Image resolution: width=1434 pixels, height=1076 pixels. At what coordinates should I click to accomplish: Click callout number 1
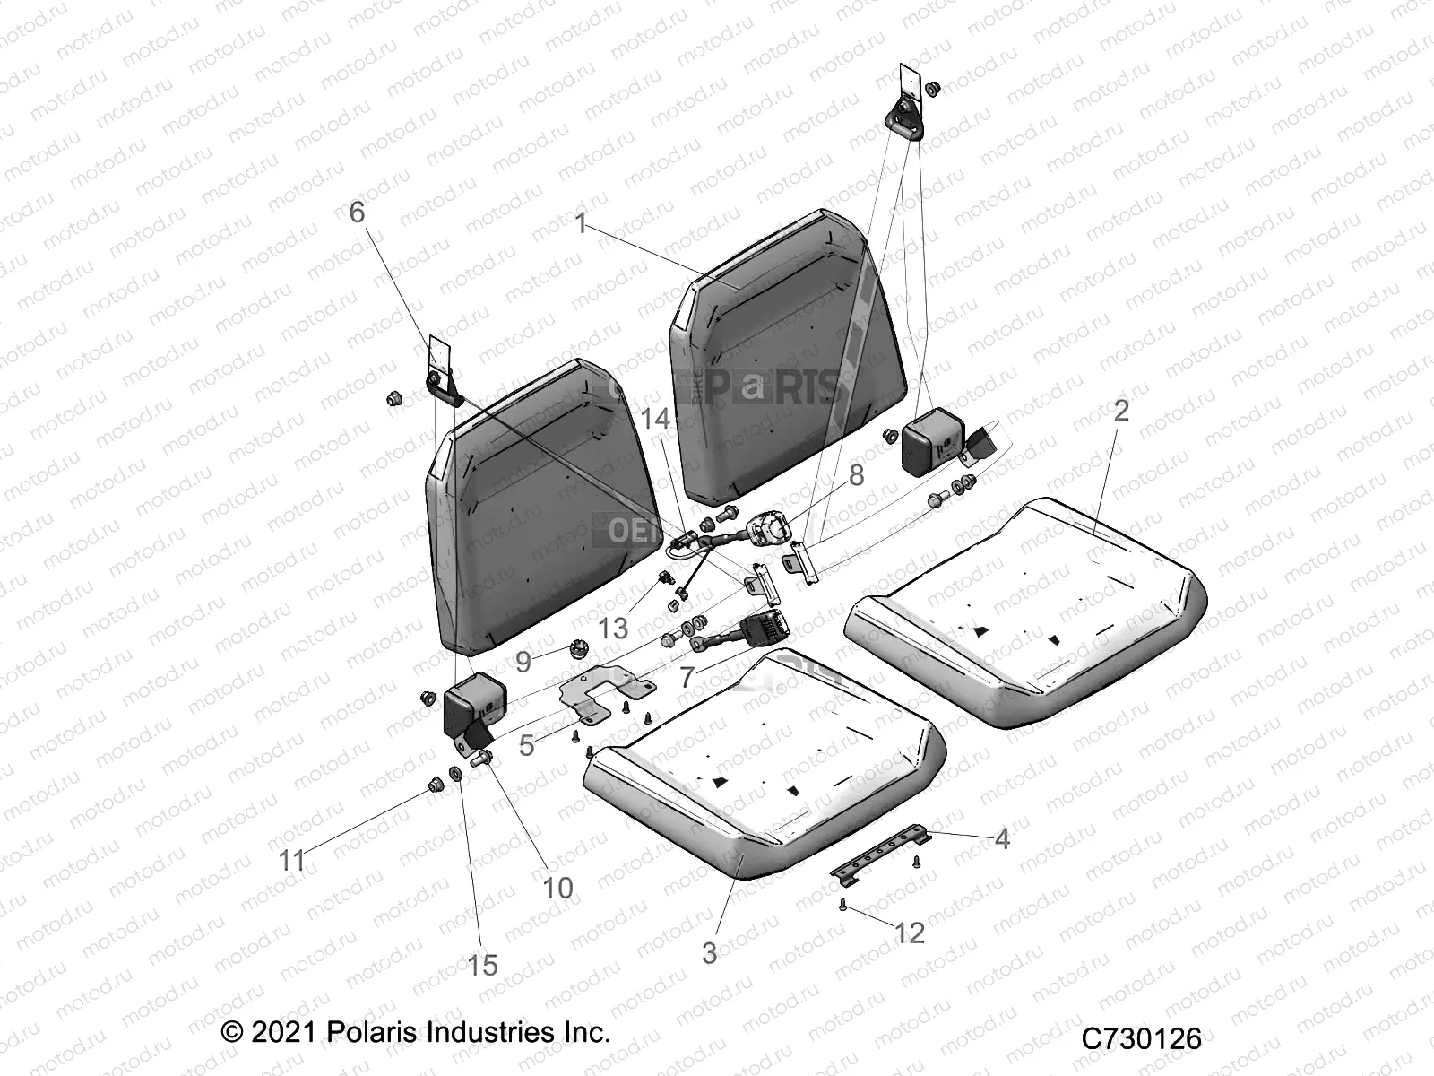click(581, 222)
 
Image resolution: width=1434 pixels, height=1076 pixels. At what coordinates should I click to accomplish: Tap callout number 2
click(1121, 412)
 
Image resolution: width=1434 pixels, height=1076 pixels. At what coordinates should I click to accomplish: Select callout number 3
click(709, 953)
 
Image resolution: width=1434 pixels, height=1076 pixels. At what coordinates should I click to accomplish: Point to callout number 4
click(1002, 839)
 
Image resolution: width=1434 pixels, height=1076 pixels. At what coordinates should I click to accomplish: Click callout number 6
click(357, 213)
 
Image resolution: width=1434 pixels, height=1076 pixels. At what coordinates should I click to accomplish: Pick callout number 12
click(909, 933)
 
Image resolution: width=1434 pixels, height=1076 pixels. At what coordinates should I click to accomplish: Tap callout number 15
click(482, 966)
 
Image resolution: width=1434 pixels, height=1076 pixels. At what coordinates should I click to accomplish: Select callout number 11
click(292, 862)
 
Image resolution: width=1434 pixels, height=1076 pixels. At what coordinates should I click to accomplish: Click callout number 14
click(655, 419)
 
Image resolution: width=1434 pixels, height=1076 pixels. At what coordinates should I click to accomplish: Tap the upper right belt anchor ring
click(905, 117)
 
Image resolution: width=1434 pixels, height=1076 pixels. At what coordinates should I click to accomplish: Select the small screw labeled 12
click(844, 907)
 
